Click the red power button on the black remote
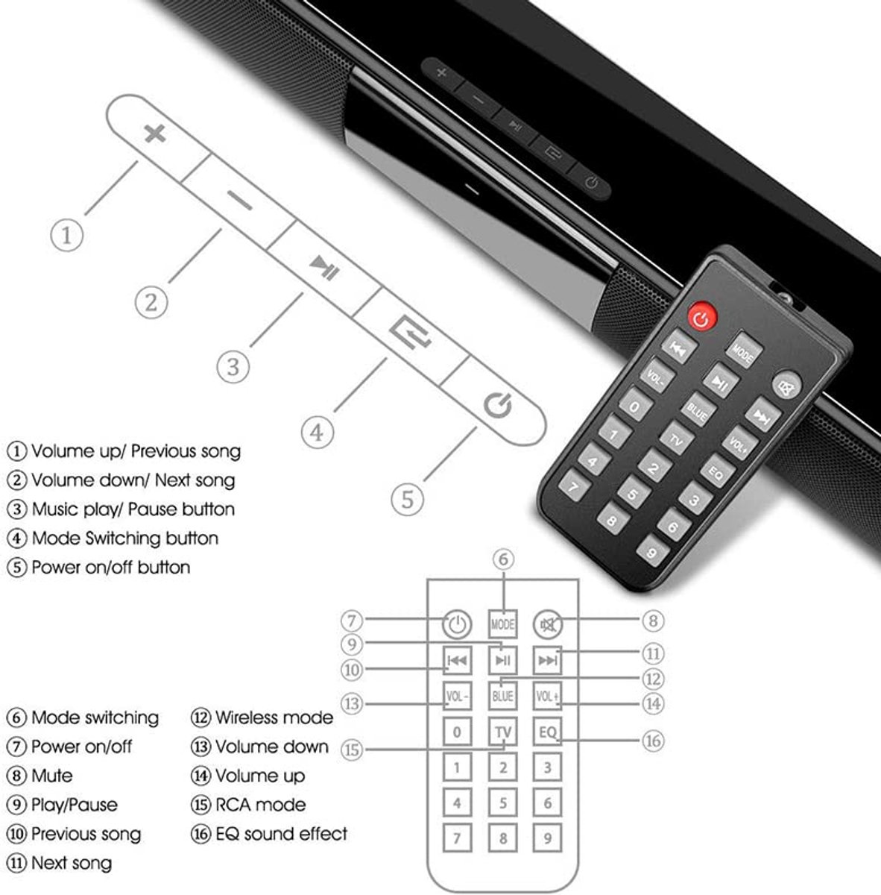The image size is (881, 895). pyautogui.click(x=701, y=318)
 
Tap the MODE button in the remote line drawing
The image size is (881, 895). pyautogui.click(x=503, y=624)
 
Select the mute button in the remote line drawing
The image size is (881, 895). pyautogui.click(x=548, y=624)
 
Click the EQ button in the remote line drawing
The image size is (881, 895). pyautogui.click(x=548, y=732)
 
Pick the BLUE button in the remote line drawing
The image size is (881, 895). pyautogui.click(x=503, y=696)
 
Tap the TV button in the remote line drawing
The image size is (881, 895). pyautogui.click(x=503, y=732)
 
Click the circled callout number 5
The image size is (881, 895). pyautogui.click(x=407, y=498)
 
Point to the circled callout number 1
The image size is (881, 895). pyautogui.click(x=66, y=236)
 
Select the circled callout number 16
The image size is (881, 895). pyautogui.click(x=653, y=741)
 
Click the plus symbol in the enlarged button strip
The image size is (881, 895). pyautogui.click(x=154, y=134)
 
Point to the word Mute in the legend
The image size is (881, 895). pyautogui.click(x=51, y=776)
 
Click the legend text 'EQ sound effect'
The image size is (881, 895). pyautogui.click(x=281, y=834)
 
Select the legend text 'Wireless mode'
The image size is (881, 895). pyautogui.click(x=274, y=717)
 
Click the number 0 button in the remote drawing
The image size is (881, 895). pyautogui.click(x=457, y=732)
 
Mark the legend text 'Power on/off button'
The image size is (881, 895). pyautogui.click(x=110, y=567)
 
